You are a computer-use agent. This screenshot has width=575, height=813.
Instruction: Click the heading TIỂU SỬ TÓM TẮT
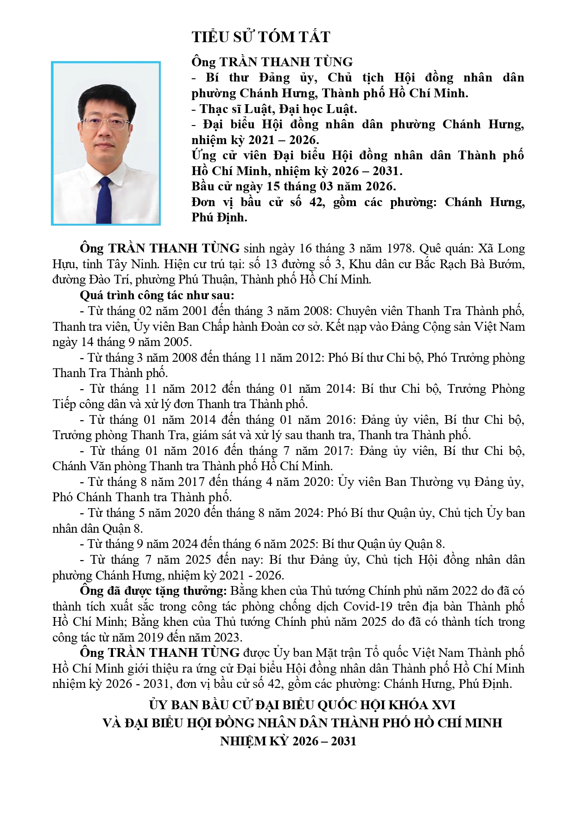pyautogui.click(x=261, y=37)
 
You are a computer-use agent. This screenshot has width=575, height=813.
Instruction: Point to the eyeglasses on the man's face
pyautogui.click(x=106, y=124)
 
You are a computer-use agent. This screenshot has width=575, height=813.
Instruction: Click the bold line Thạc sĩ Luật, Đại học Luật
pyautogui.click(x=274, y=109)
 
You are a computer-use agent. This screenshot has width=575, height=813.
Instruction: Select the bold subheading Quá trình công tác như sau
pyautogui.click(x=157, y=296)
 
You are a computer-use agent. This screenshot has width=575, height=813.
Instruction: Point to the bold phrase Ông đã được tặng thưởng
pyautogui.click(x=153, y=591)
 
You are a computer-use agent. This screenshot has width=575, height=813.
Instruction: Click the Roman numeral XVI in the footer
pyautogui.click(x=443, y=705)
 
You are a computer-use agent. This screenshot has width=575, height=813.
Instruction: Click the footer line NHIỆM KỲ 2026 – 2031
pyautogui.click(x=288, y=741)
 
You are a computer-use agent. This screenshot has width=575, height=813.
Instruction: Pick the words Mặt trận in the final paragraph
pyautogui.click(x=338, y=653)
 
